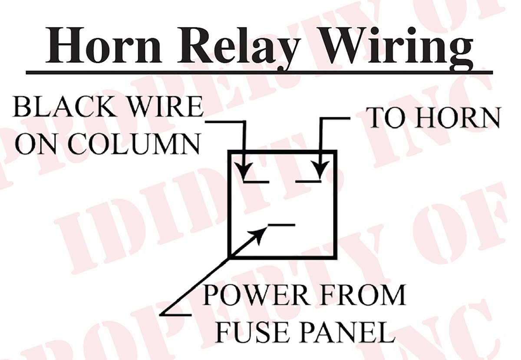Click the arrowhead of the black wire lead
(x=245, y=170)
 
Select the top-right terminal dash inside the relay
(x=308, y=181)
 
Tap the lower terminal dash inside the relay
(x=282, y=225)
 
